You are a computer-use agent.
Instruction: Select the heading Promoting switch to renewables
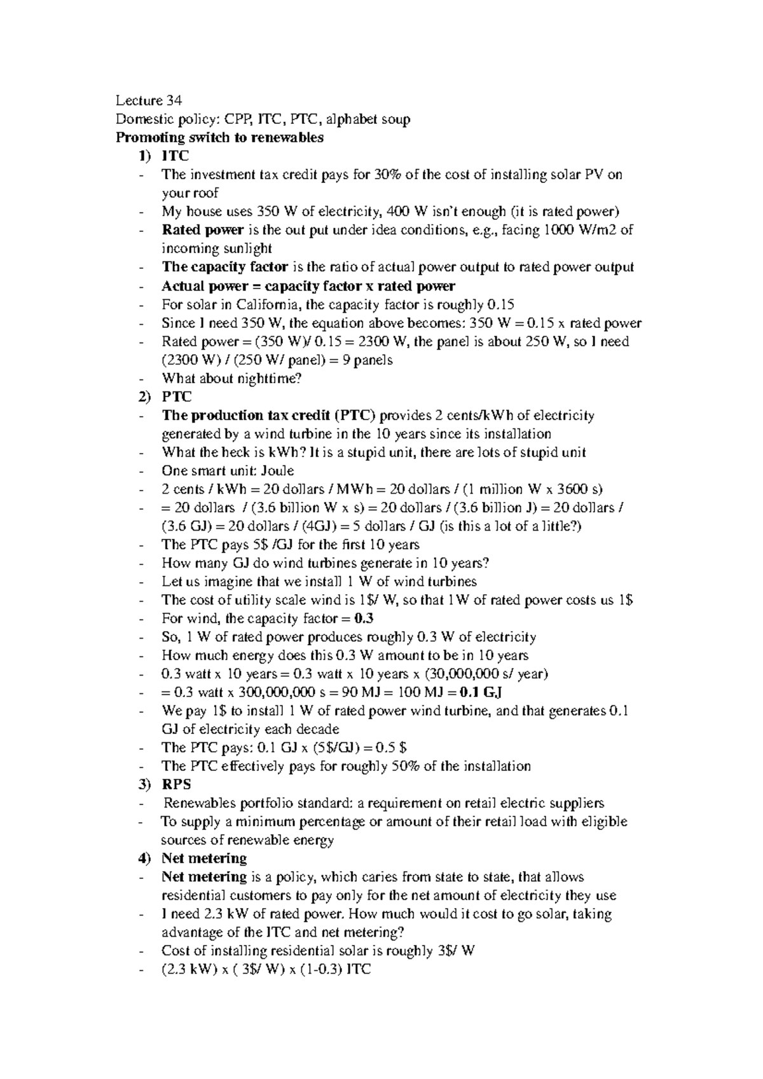[219, 137]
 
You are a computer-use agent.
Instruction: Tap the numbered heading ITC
[175, 156]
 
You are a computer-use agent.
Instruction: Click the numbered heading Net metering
[204, 858]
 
